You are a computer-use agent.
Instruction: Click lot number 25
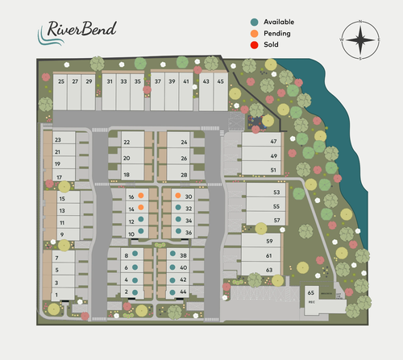61,81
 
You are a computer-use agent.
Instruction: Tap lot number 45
220,81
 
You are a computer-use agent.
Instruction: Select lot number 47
273,141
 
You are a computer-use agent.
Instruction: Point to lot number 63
269,269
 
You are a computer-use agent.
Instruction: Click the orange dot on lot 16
141,196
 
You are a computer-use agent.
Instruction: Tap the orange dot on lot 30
177,196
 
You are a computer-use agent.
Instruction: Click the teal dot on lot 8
135,254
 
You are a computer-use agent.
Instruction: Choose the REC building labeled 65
311,296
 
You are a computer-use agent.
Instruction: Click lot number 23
58,139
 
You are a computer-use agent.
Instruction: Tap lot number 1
56,295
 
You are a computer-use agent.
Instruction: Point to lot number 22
127,142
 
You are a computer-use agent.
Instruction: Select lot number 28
184,174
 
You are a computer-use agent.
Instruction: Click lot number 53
276,192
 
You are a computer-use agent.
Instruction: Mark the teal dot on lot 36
177,231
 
